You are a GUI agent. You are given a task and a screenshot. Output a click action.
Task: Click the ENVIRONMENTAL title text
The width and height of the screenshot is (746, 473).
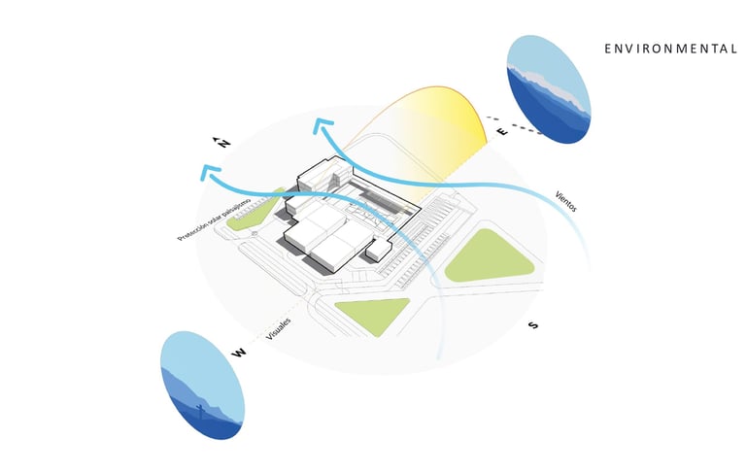pos(669,49)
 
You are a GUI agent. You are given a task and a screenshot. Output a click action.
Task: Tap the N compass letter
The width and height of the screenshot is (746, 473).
pos(223,144)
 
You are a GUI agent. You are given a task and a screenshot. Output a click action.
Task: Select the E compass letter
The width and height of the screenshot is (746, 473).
pos(502,132)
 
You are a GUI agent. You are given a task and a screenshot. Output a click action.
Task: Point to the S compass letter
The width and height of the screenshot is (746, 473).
pos(532,324)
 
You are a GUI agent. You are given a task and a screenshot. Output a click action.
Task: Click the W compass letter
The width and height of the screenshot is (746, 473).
pos(237,352)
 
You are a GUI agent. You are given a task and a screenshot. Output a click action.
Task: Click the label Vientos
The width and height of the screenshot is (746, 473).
pos(567,200)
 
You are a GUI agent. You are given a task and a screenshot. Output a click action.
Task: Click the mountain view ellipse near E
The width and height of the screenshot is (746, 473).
pos(548,89)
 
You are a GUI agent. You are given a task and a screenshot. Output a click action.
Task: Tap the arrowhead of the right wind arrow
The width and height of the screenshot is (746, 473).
pos(322,124)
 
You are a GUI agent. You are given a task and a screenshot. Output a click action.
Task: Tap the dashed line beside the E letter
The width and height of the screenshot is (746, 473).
pos(528,127)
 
